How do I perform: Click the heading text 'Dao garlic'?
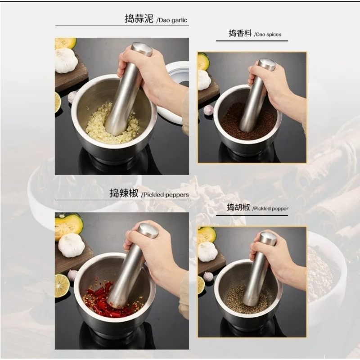(173, 20)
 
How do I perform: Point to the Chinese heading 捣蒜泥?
(139, 18)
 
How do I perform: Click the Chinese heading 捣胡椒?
(238, 207)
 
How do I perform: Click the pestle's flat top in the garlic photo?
(141, 49)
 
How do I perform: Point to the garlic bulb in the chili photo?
(72, 245)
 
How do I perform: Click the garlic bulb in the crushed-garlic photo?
(66, 61)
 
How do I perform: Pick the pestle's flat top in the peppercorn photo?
(268, 238)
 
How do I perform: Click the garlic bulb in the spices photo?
(204, 80)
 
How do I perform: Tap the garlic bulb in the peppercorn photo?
(207, 252)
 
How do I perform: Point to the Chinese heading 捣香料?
(240, 33)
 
